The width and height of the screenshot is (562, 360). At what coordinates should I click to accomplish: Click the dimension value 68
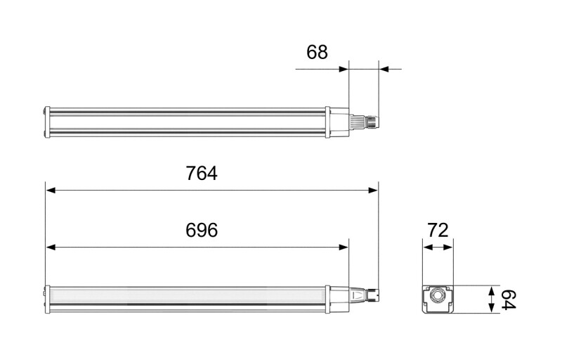point(317,52)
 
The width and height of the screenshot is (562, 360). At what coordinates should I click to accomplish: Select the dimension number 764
point(202,173)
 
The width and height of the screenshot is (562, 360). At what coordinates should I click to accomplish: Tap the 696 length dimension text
point(202,230)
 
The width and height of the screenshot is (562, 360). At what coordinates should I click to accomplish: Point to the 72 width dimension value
point(438,230)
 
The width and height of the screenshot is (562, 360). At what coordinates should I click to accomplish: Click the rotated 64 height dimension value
point(508,300)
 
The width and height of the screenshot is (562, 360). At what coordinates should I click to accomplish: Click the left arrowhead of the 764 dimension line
point(51,190)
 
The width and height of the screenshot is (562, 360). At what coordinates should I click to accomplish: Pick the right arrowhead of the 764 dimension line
point(374,190)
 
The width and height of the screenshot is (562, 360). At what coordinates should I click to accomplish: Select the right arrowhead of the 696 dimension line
point(344,247)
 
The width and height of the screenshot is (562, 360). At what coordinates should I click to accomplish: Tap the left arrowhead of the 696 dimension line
point(51,247)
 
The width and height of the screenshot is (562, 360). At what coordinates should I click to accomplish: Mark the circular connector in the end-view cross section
point(438,295)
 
